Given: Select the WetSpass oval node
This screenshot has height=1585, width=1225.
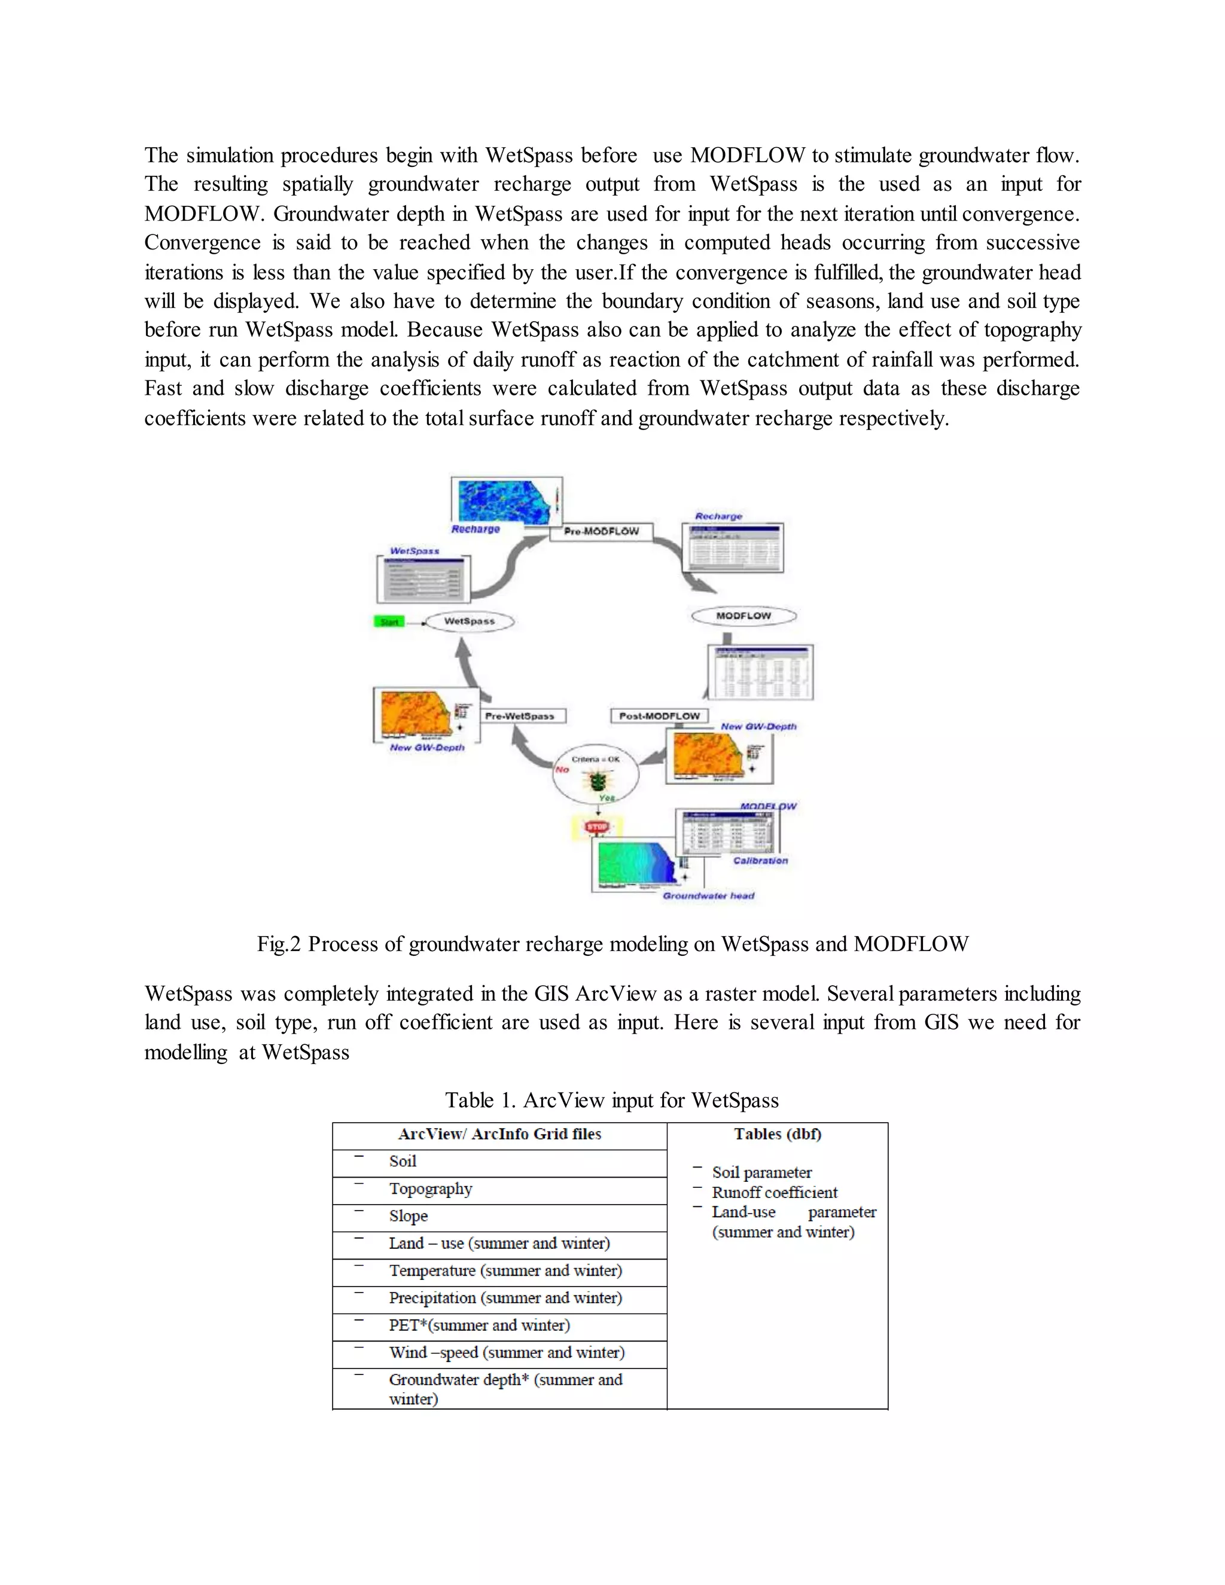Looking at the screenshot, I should click(469, 621).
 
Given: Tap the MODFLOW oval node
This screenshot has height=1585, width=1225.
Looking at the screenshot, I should click(743, 616).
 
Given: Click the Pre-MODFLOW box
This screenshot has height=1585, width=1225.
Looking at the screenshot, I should click(601, 531).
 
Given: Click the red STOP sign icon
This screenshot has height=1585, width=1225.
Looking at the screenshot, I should click(596, 827).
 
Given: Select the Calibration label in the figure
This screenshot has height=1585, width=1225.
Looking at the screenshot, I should click(760, 861).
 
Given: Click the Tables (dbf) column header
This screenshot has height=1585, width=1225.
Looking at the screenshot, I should click(777, 1134).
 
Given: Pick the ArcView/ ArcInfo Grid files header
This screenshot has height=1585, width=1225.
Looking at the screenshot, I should click(499, 1134).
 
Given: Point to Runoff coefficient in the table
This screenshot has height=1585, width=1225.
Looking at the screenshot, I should click(775, 1193).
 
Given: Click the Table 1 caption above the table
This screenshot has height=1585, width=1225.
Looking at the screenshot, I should click(612, 1100).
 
